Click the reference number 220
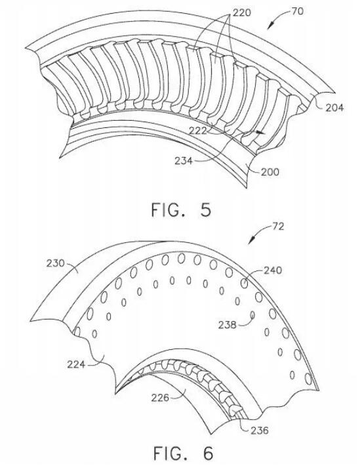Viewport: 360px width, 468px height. coord(241,12)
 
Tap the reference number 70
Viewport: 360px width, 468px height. coord(297,11)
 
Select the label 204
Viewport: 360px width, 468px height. coord(334,108)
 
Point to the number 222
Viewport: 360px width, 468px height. coord(197,131)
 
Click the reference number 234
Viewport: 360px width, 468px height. coord(184,161)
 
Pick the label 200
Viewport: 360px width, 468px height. coord(270,172)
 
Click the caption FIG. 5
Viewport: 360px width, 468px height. coord(181,209)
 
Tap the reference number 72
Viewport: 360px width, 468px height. coord(278,226)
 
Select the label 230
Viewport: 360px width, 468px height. coord(55,263)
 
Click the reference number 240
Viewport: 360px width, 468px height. coord(273,270)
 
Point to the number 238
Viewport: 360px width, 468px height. coord(228,324)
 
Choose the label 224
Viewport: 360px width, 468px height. coord(76,364)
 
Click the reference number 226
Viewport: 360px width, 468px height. coord(160,397)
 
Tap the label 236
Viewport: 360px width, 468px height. coord(259,430)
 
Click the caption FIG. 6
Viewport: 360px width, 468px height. coord(183,453)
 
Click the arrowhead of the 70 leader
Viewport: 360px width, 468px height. coord(269,27)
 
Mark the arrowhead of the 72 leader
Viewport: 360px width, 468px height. coord(250,242)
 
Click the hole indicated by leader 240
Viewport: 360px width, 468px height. coord(244,284)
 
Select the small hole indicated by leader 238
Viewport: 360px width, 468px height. coord(252,314)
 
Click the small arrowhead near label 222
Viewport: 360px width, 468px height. coord(261,132)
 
